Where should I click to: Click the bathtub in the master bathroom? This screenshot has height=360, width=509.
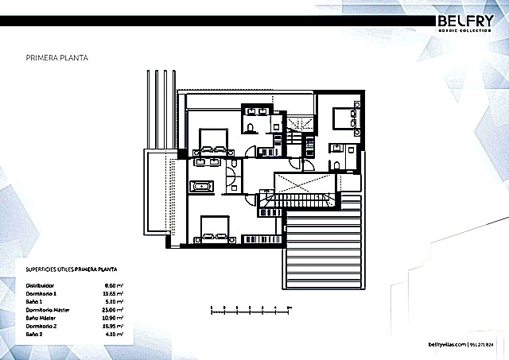click(201, 187)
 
